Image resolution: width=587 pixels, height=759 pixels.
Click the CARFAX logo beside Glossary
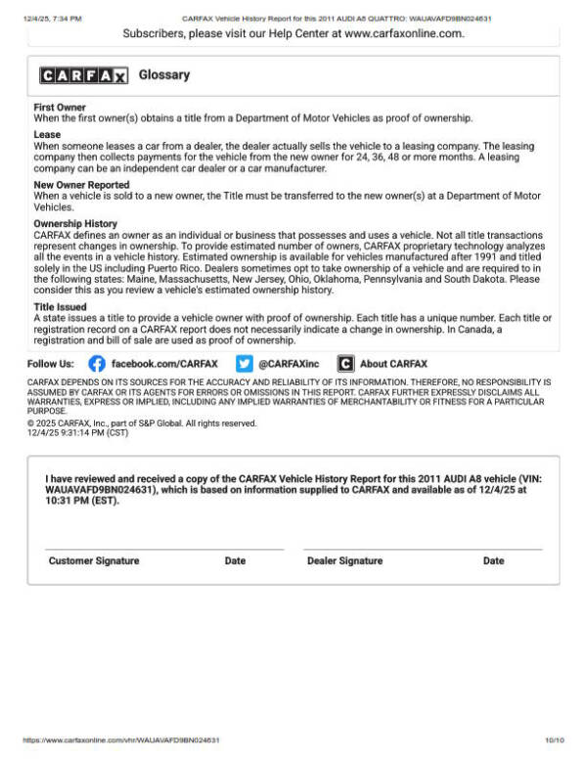pos(83,76)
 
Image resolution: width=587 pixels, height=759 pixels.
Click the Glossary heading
pos(164,75)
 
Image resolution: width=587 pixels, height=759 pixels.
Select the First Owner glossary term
pos(60,108)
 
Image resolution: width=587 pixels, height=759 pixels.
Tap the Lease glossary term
pos(47,135)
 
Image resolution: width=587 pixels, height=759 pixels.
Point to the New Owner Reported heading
pos(81,185)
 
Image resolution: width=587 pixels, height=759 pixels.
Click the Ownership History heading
pos(75,224)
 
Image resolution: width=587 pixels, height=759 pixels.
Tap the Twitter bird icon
pos(245,363)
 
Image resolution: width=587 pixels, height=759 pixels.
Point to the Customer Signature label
pos(94,561)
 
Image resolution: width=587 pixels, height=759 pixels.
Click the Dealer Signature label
pos(344,561)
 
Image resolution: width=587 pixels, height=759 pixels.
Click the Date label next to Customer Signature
pos(235,561)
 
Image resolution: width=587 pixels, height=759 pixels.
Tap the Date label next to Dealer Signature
pos(493,561)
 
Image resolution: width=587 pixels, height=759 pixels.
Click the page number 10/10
pos(555,740)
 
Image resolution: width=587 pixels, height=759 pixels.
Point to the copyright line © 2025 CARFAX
pos(142,424)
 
